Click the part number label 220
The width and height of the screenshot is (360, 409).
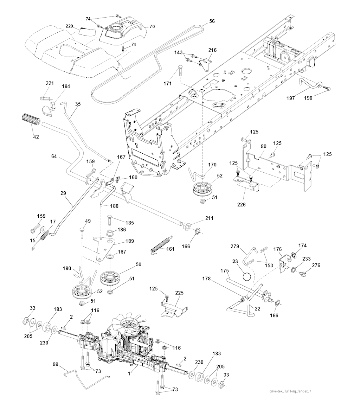(x=69, y=26)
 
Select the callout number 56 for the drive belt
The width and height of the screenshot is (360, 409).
(x=212, y=21)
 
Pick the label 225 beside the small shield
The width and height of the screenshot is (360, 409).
(x=179, y=293)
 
